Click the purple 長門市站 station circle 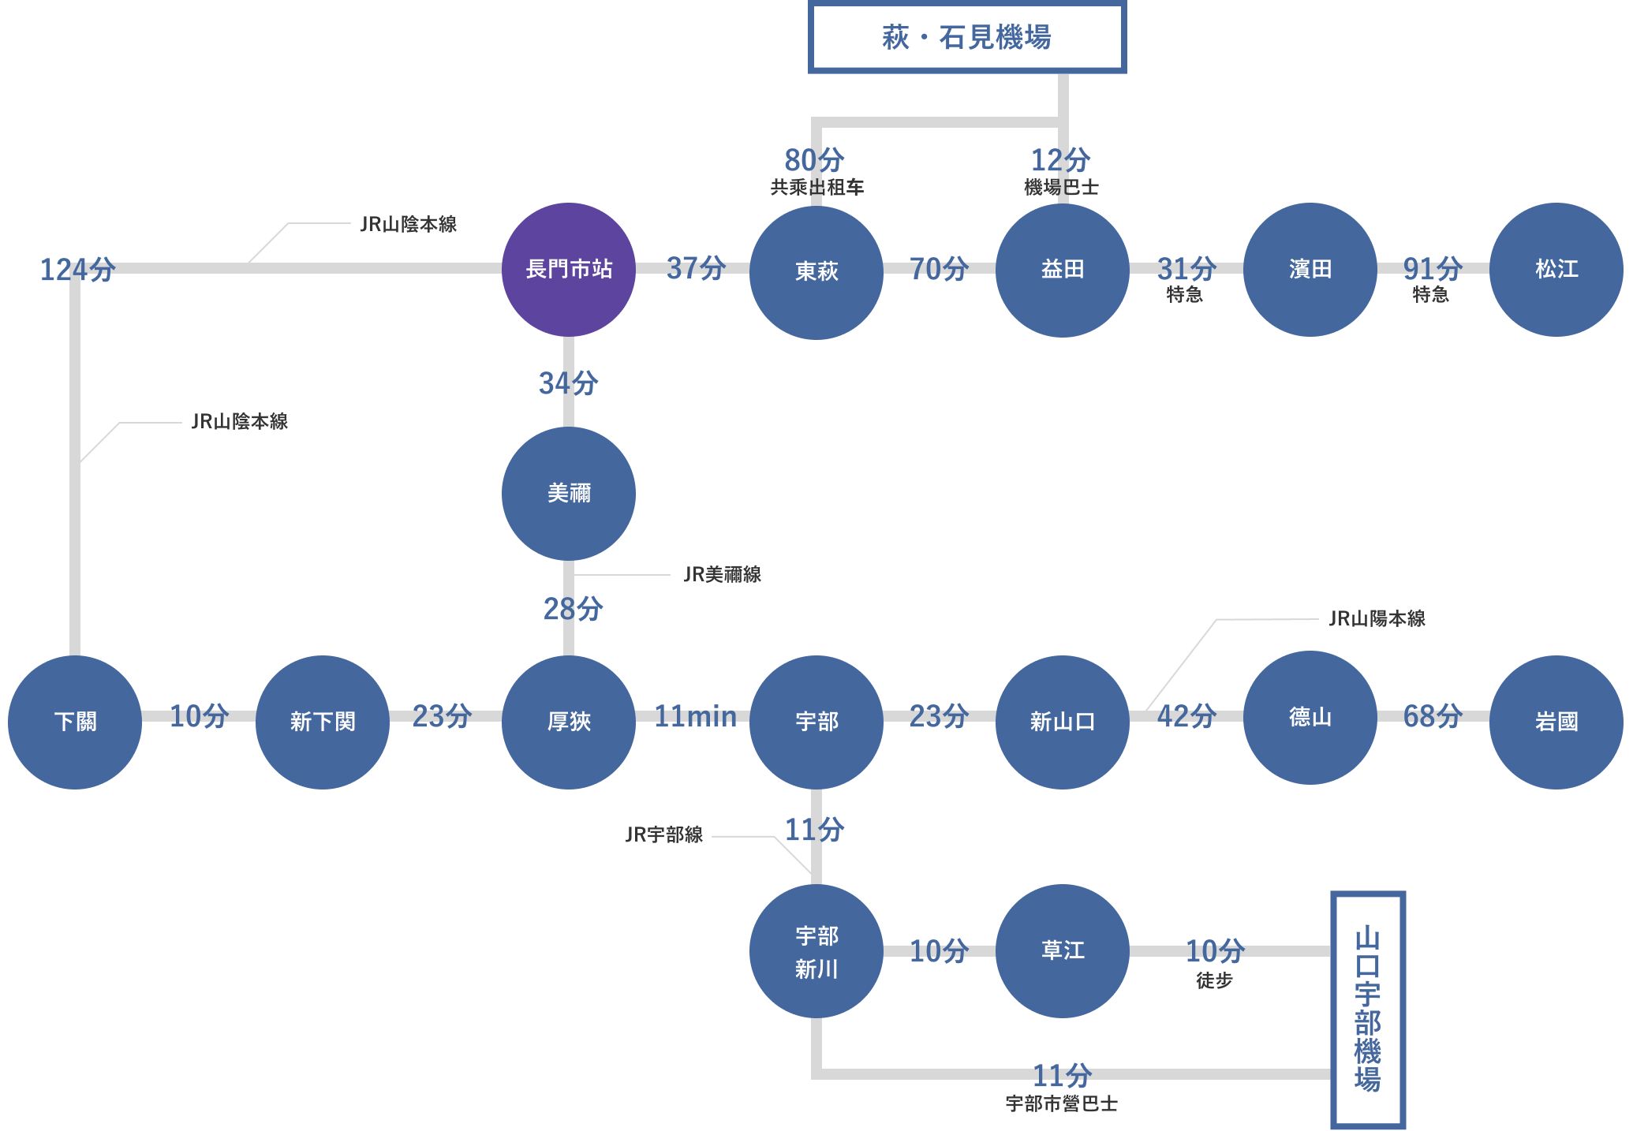point(568,270)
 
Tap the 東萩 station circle point(816,271)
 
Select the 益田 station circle point(1062,270)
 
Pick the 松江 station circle point(1556,270)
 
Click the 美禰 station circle point(568,494)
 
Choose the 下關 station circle point(75,722)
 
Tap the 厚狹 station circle point(568,722)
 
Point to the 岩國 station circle point(1556,722)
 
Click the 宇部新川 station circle point(816,951)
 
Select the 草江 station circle point(1062,951)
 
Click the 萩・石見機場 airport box point(966,37)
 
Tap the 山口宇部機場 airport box point(1367,1010)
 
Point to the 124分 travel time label point(77,270)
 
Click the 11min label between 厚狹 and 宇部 point(695,716)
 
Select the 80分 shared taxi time point(814,160)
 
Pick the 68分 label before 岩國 point(1433,716)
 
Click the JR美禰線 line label point(722,574)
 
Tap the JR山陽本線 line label point(1377,618)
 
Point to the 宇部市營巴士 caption point(1061,1103)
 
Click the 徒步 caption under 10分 point(1214,980)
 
